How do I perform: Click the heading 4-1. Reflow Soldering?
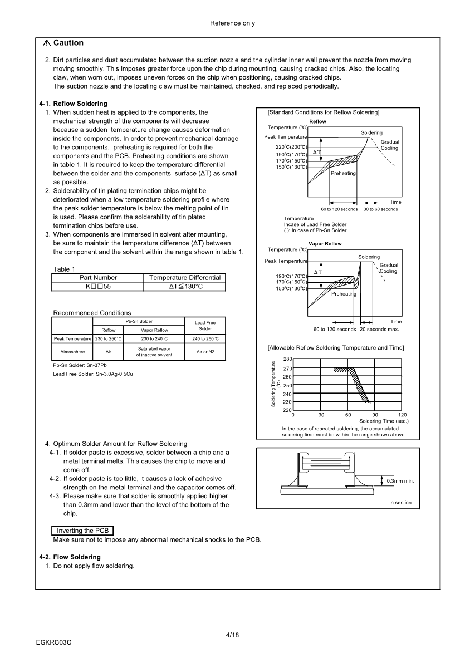click(73, 104)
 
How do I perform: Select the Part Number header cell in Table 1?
click(98, 277)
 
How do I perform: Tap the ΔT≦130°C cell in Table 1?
click(185, 286)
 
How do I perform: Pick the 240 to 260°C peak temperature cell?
click(205, 338)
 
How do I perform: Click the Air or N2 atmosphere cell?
click(205, 352)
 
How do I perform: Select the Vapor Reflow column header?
click(154, 330)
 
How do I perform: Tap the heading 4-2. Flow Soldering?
click(70, 557)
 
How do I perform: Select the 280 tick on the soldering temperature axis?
click(287, 359)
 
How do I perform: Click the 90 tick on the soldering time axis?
click(375, 415)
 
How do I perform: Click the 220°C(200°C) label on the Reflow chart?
click(291, 147)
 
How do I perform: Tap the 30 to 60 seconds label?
click(380, 209)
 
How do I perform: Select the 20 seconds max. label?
click(379, 329)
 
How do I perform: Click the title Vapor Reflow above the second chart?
click(325, 244)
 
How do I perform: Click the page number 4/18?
click(232, 635)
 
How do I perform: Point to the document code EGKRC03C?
click(54, 642)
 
